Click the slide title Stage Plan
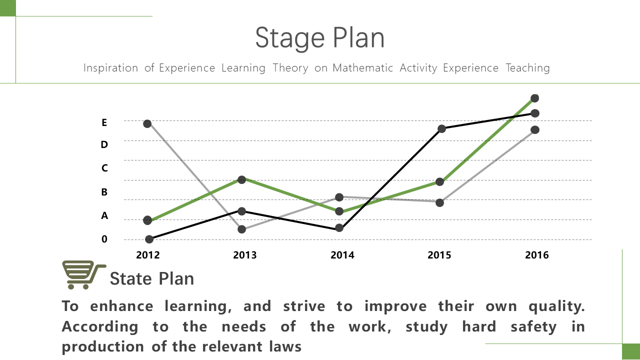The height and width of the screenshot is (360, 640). pyautogui.click(x=319, y=38)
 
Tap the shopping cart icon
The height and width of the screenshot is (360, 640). pyautogui.click(x=84, y=275)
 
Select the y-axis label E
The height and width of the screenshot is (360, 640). pyautogui.click(x=104, y=122)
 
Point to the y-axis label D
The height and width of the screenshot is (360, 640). pyautogui.click(x=104, y=144)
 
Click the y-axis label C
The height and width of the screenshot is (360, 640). pyautogui.click(x=104, y=168)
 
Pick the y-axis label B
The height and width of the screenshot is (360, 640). pyautogui.click(x=104, y=191)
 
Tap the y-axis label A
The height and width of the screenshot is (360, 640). pyautogui.click(x=104, y=215)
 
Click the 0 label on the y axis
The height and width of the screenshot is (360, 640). pyautogui.click(x=104, y=239)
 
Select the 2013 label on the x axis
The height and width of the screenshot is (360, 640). pyautogui.click(x=245, y=255)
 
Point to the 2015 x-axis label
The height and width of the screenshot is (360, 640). pyautogui.click(x=439, y=255)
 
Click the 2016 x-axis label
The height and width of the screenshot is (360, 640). pyautogui.click(x=537, y=255)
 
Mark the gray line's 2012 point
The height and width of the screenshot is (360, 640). pyautogui.click(x=147, y=123)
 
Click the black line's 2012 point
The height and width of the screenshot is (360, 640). pyautogui.click(x=149, y=239)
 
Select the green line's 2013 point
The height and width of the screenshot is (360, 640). pyautogui.click(x=241, y=179)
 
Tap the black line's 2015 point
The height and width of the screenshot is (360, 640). pyautogui.click(x=441, y=129)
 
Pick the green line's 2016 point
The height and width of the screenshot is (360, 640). pyautogui.click(x=534, y=98)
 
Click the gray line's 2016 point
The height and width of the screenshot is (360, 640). pyautogui.click(x=535, y=130)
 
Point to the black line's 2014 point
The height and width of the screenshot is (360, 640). pyautogui.click(x=339, y=228)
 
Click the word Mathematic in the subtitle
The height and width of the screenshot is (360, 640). pyautogui.click(x=363, y=68)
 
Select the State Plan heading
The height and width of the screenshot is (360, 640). pyautogui.click(x=151, y=278)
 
